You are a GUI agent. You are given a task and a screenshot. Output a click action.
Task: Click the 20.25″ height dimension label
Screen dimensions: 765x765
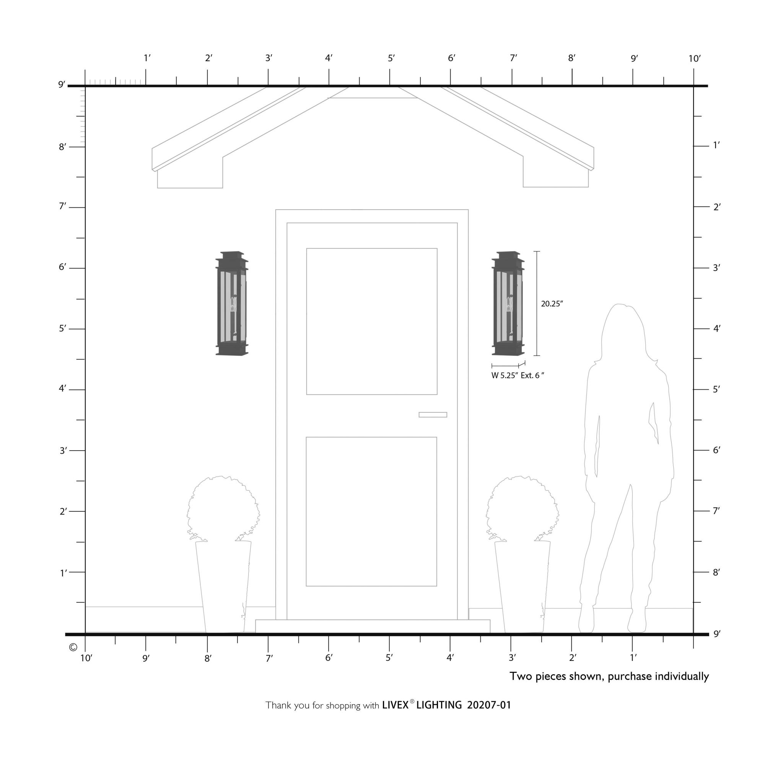click(x=552, y=304)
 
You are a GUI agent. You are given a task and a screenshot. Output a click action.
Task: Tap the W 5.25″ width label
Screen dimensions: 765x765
click(x=505, y=376)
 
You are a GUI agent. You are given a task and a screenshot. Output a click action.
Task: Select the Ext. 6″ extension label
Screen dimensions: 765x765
click(x=532, y=376)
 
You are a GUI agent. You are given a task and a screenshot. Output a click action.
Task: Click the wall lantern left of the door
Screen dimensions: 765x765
click(x=232, y=303)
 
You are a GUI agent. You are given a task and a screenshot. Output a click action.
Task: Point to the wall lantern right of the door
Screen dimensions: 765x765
click(x=508, y=303)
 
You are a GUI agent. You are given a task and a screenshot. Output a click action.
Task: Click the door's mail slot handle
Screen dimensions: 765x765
click(x=433, y=415)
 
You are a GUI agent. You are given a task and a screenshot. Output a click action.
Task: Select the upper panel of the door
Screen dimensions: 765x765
click(x=372, y=322)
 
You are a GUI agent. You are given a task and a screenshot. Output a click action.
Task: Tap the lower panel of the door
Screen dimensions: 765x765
click(x=371, y=511)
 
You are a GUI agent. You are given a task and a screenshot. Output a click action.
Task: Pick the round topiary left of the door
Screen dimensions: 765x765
click(x=223, y=509)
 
